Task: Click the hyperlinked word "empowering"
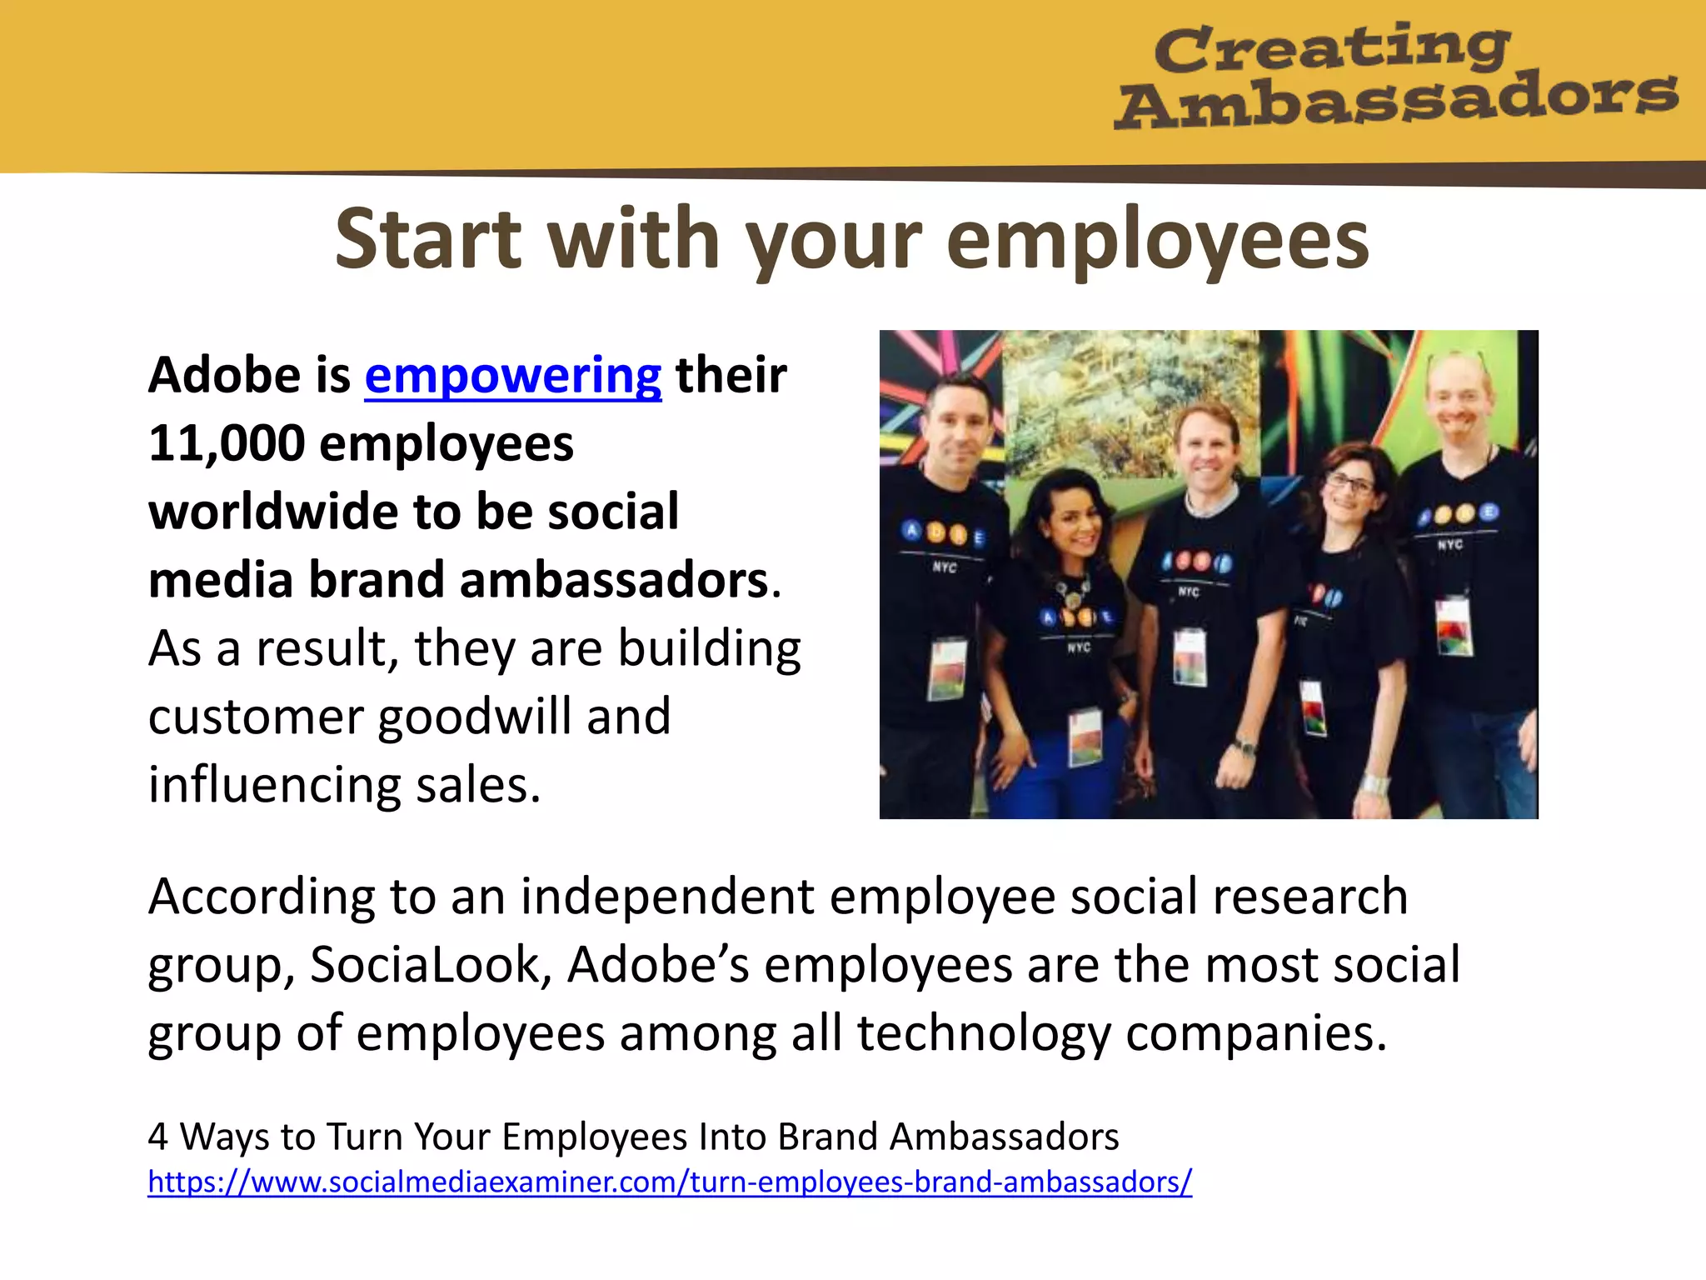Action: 513,376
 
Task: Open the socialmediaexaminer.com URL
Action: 670,1182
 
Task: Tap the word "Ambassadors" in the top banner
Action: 1396,100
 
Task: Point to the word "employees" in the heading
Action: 1158,241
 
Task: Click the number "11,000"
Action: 227,443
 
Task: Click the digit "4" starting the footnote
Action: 158,1137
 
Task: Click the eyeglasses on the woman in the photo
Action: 1349,483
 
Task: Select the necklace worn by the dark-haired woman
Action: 1072,592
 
